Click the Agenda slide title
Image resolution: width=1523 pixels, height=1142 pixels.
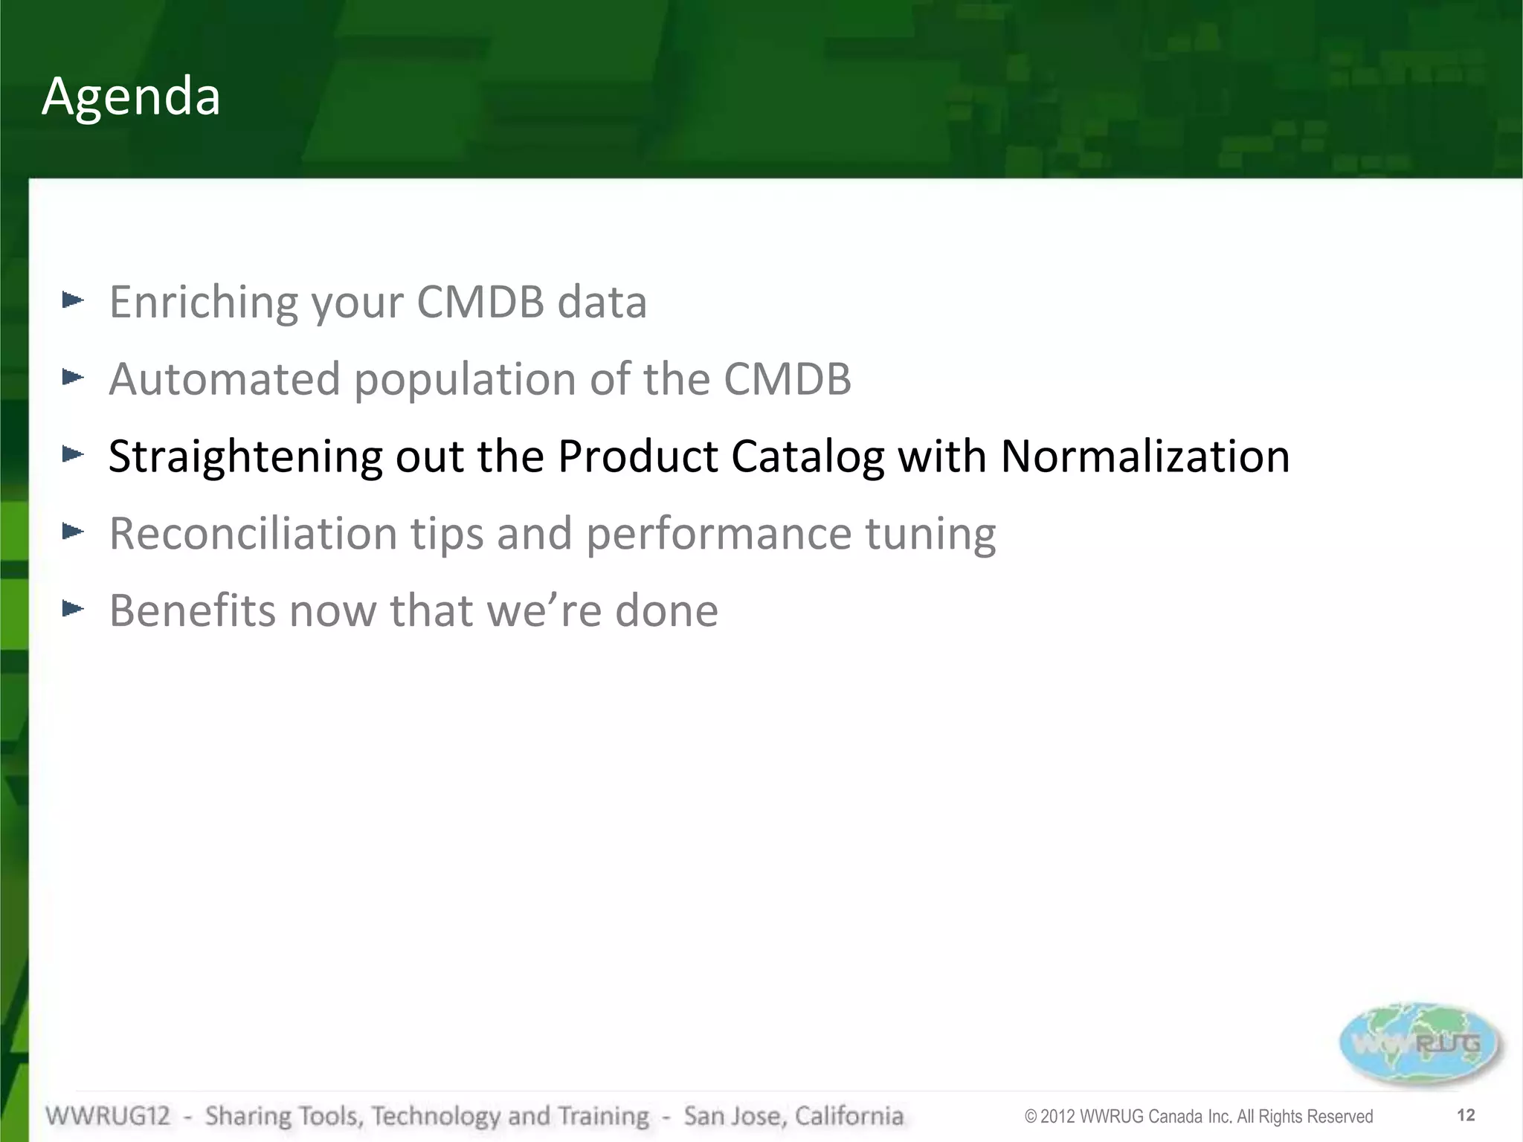(x=131, y=97)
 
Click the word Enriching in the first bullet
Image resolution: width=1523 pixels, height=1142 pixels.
(x=202, y=303)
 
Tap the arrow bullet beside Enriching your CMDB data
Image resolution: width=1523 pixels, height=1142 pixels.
(x=73, y=300)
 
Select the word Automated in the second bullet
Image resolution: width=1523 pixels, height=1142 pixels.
(x=225, y=379)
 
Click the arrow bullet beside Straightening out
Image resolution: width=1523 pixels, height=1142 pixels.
(x=73, y=454)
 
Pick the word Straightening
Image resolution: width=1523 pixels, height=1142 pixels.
(x=245, y=457)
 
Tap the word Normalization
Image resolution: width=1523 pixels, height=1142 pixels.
(x=1145, y=456)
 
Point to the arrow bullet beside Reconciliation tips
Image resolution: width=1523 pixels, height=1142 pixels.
(x=73, y=531)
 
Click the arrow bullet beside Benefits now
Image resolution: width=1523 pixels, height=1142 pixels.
(x=73, y=609)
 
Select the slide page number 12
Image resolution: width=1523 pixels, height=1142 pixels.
(x=1466, y=1115)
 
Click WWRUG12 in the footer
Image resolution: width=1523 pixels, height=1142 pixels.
(x=108, y=1116)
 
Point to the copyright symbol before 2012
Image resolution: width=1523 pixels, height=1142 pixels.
(x=1031, y=1117)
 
